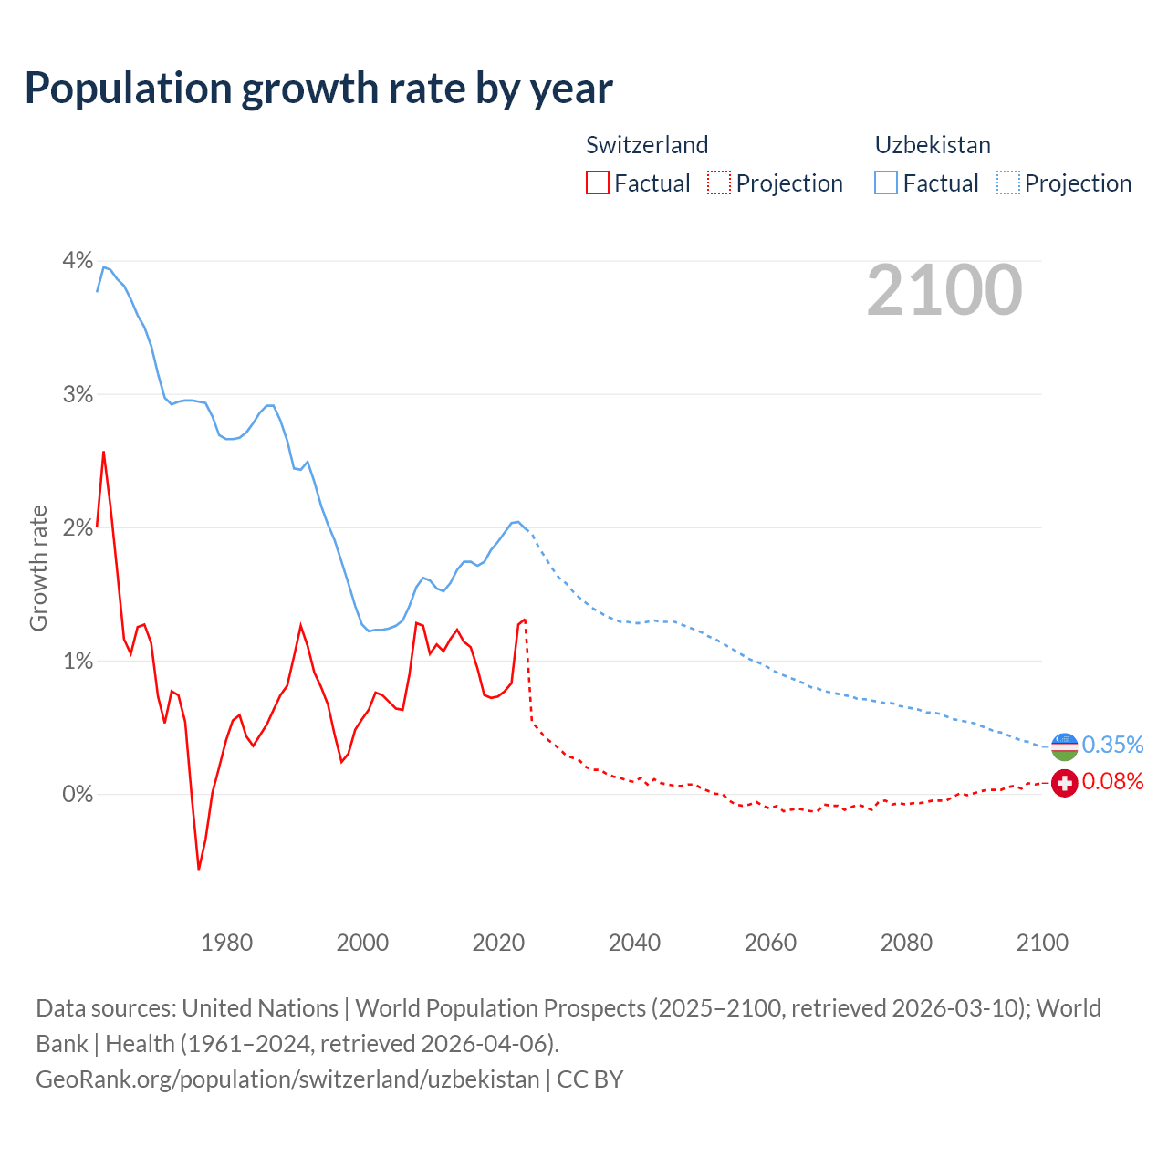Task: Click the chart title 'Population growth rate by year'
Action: pyautogui.click(x=318, y=89)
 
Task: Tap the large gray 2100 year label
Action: pyautogui.click(x=944, y=290)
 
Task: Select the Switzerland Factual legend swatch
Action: pyautogui.click(x=597, y=182)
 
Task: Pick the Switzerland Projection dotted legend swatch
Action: pyautogui.click(x=719, y=182)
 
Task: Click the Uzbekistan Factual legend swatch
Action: pyautogui.click(x=886, y=182)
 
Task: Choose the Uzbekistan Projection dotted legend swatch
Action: pyautogui.click(x=1007, y=182)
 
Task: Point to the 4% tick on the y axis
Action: pyautogui.click(x=78, y=261)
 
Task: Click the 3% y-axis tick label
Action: pyautogui.click(x=78, y=394)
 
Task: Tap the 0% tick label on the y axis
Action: pyautogui.click(x=78, y=794)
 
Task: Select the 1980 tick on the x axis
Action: pyautogui.click(x=226, y=943)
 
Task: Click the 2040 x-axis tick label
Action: pyautogui.click(x=634, y=943)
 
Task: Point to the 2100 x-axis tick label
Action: pyautogui.click(x=1042, y=943)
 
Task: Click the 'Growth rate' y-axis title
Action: pyautogui.click(x=38, y=568)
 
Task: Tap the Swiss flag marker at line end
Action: pyautogui.click(x=1064, y=782)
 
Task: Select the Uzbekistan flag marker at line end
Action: pyautogui.click(x=1064, y=746)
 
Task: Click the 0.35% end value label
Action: pyautogui.click(x=1112, y=746)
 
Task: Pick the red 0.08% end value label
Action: pyautogui.click(x=1112, y=782)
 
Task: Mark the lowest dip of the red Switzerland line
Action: pyautogui.click(x=199, y=868)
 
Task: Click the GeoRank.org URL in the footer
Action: pyautogui.click(x=287, y=1079)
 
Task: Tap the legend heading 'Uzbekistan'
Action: pyautogui.click(x=933, y=145)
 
